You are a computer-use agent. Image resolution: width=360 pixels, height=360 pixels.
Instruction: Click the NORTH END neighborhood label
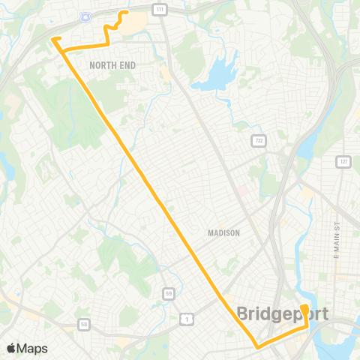(x=112, y=66)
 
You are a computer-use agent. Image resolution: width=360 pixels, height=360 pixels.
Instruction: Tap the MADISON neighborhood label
(x=223, y=233)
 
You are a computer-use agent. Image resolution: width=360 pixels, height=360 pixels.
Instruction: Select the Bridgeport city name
(x=282, y=314)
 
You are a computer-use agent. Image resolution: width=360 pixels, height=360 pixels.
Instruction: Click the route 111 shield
(x=159, y=8)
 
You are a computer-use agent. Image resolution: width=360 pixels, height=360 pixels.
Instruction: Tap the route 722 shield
(x=259, y=141)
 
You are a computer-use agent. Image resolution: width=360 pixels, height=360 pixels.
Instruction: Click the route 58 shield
(x=85, y=325)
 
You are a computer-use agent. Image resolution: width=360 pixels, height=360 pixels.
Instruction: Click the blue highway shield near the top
(x=83, y=14)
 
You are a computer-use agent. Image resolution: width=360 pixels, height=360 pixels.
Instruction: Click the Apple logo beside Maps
(x=12, y=349)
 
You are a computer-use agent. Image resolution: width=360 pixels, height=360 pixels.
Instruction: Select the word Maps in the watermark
(x=33, y=349)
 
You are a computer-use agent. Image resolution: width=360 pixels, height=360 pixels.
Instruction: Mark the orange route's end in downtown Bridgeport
(x=304, y=307)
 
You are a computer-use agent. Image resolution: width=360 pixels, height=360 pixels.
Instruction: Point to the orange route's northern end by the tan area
(x=125, y=12)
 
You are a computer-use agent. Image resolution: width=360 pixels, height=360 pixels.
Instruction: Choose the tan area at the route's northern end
(x=133, y=25)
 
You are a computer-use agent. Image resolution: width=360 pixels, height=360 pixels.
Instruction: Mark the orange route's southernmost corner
(x=257, y=347)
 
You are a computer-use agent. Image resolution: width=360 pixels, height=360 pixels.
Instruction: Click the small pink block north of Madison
(x=242, y=189)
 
